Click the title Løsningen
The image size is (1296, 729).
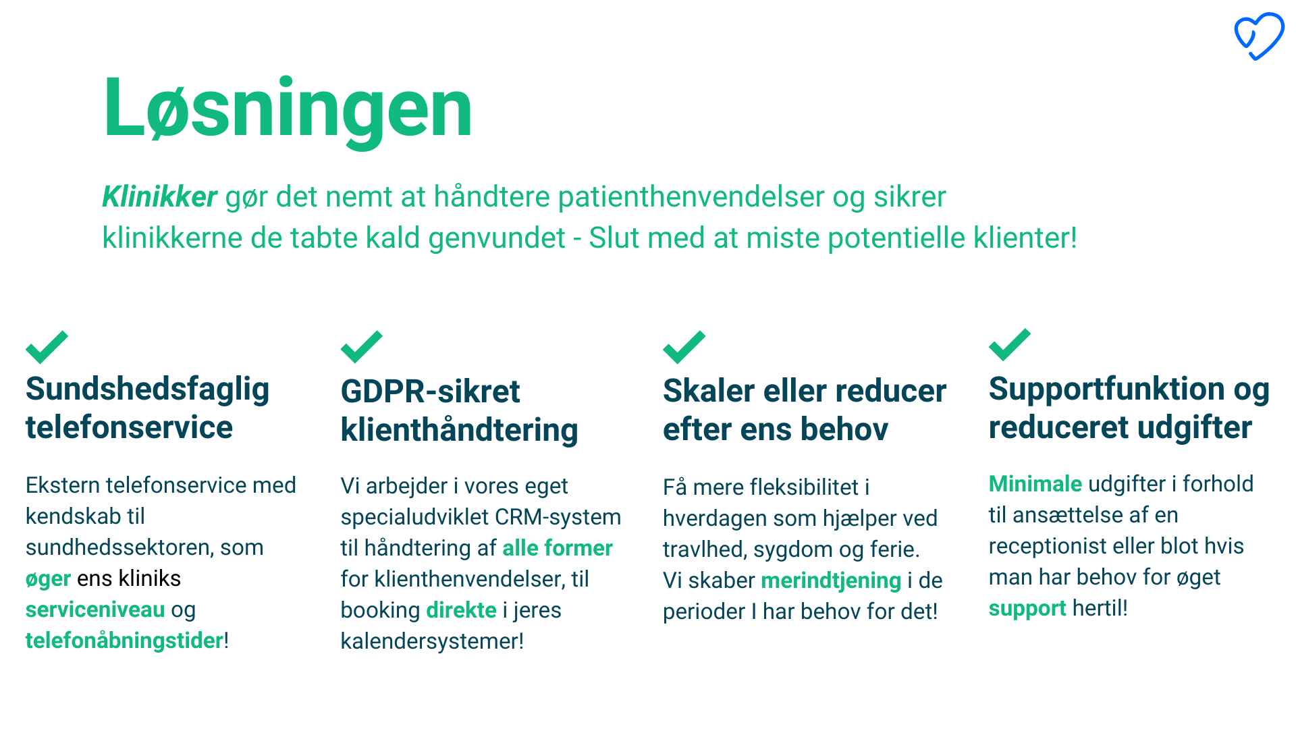[x=288, y=109]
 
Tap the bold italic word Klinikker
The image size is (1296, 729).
[x=159, y=196]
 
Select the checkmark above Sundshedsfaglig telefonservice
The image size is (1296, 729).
[x=47, y=347]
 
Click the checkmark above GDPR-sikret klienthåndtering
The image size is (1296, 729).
[x=362, y=347]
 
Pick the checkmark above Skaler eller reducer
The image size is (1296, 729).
[x=684, y=347]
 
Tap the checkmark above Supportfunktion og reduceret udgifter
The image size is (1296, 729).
[x=1010, y=345]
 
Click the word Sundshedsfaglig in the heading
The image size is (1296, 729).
[x=147, y=390]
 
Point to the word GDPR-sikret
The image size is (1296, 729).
[x=430, y=391]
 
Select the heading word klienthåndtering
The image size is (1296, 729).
[x=459, y=431]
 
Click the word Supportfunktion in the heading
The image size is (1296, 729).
[x=1106, y=389]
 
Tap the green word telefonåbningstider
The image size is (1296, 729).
[x=124, y=641]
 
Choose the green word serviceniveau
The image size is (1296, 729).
[x=95, y=610]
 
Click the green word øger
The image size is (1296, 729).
[x=48, y=579]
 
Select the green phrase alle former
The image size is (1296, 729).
[x=558, y=548]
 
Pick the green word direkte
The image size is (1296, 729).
[x=461, y=610]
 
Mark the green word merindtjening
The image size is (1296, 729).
[x=831, y=581]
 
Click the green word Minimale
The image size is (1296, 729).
[x=1035, y=484]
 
